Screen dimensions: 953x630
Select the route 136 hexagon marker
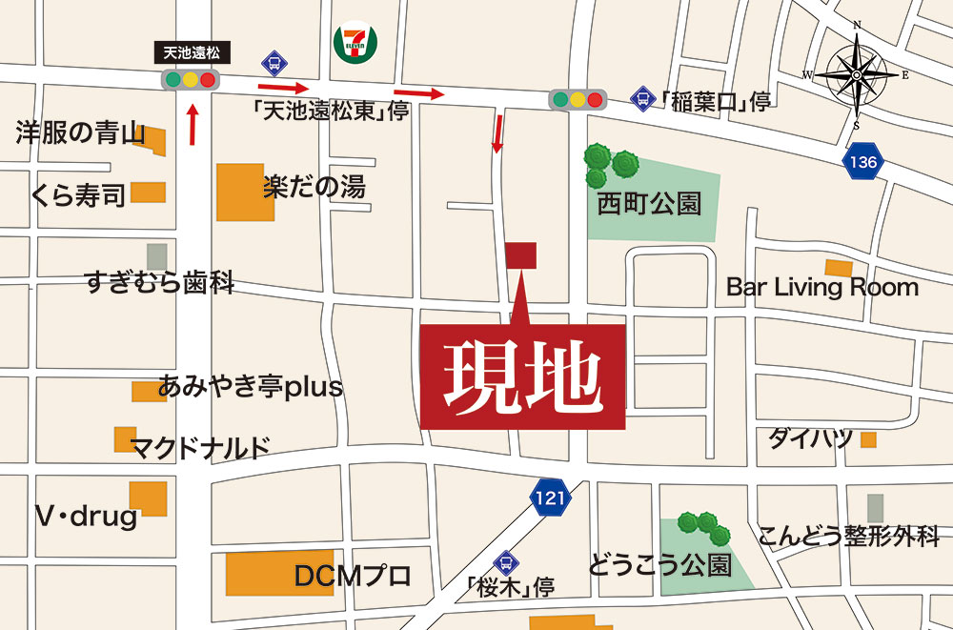(x=862, y=162)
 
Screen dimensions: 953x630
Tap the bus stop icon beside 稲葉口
(x=642, y=97)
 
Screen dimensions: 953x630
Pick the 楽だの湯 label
(x=314, y=187)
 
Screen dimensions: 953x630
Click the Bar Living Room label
(x=821, y=287)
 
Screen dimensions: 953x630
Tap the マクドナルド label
(x=200, y=446)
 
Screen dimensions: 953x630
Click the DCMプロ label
(x=353, y=576)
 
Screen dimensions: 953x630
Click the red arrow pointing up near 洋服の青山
(x=193, y=124)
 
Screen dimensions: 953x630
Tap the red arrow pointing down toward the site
(x=497, y=132)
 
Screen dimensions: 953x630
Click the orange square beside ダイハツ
(x=868, y=439)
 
